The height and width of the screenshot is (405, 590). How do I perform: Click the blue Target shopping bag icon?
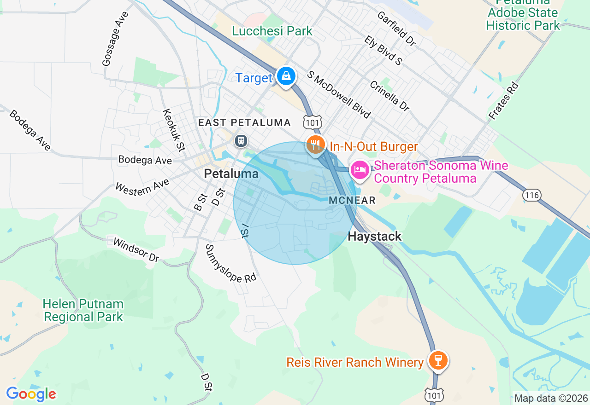pyautogui.click(x=286, y=76)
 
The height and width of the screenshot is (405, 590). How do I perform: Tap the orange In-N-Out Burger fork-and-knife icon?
pyautogui.click(x=315, y=145)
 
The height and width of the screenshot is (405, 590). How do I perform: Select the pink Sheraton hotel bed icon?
pyautogui.click(x=360, y=170)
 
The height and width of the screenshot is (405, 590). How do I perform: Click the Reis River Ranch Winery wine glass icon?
pyautogui.click(x=437, y=360)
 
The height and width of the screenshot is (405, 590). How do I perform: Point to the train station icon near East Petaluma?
pyautogui.click(x=241, y=140)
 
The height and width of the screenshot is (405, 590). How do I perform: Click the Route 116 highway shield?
pyautogui.click(x=531, y=195)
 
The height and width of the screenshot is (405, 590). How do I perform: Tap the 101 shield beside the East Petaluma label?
pyautogui.click(x=312, y=122)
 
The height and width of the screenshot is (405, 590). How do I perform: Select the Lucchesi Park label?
pyautogui.click(x=272, y=31)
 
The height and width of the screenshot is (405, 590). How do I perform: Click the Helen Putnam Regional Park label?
pyautogui.click(x=83, y=311)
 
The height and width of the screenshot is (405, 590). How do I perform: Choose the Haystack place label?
pyautogui.click(x=374, y=237)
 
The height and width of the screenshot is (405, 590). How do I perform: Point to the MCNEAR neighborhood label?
pyautogui.click(x=353, y=201)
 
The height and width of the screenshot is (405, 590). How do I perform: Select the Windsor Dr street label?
pyautogui.click(x=136, y=250)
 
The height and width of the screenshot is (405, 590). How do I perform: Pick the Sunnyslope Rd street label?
pyautogui.click(x=230, y=263)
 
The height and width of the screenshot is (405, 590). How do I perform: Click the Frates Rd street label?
pyautogui.click(x=504, y=101)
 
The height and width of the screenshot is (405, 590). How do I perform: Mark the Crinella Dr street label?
pyautogui.click(x=389, y=96)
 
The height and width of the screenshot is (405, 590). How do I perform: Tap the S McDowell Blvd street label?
pyautogui.click(x=339, y=94)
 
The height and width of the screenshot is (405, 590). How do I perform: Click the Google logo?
pyautogui.click(x=31, y=394)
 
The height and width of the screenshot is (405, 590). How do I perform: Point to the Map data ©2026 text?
pyautogui.click(x=551, y=398)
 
